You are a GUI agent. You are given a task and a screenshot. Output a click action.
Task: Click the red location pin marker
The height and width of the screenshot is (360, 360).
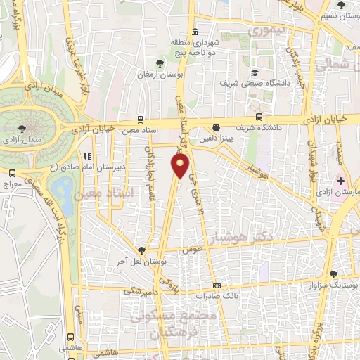click(x=181, y=166)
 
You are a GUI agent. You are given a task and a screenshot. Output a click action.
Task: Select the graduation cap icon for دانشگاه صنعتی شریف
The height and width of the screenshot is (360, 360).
click(x=254, y=72)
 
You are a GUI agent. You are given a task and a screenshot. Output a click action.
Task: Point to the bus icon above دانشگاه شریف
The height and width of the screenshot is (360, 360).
click(x=259, y=117)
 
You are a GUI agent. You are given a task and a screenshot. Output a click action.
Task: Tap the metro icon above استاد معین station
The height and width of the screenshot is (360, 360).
click(x=141, y=119)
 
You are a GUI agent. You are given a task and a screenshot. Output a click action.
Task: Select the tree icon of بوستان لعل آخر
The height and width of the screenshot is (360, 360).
click(x=142, y=250)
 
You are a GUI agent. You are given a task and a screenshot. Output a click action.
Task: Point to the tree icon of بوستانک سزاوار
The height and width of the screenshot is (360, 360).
click(x=333, y=275)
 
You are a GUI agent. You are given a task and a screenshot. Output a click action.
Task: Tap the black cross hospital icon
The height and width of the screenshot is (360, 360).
click(x=341, y=181)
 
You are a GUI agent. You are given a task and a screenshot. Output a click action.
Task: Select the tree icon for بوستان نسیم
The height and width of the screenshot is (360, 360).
click(x=340, y=5)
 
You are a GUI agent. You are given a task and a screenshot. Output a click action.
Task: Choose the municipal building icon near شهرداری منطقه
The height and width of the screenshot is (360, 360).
click(x=194, y=31)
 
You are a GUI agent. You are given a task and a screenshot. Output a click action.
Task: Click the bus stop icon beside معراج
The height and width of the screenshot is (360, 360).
click(x=13, y=173)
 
